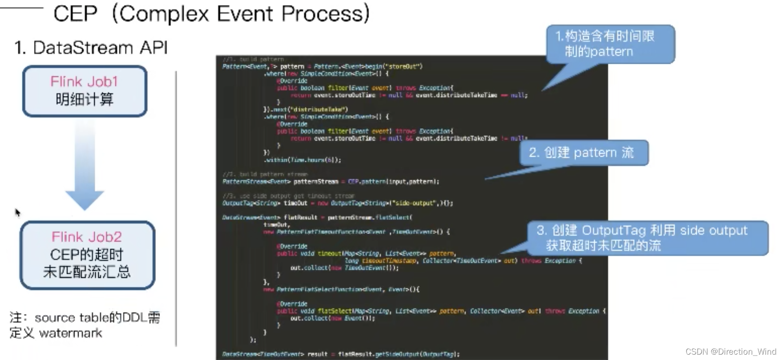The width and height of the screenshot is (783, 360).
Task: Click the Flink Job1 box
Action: pos(85,91)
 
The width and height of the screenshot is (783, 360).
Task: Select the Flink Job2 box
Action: pos(87,255)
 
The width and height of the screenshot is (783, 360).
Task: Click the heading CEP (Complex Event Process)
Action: pos(211,13)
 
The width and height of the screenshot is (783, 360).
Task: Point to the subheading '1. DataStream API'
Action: pos(91,48)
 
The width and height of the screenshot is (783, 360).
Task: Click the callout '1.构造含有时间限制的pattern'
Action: pos(610,44)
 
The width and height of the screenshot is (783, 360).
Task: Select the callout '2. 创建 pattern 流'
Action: pos(583,153)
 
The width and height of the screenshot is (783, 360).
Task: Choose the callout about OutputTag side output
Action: pos(647,238)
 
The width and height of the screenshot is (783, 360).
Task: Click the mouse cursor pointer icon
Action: pos(18,212)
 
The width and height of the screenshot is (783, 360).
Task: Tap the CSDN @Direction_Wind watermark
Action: pos(730,351)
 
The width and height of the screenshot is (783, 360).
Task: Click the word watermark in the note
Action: pos(70,333)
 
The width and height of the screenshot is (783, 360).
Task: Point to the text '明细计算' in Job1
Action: pos(84,99)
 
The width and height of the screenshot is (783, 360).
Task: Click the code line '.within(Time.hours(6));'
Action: pos(303,160)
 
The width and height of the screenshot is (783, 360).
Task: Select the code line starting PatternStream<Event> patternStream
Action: pos(330,181)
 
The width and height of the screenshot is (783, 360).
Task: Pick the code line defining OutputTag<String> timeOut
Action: pos(337,203)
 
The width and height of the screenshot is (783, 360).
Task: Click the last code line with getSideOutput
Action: pos(340,354)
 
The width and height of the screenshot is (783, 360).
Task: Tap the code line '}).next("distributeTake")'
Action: pos(306,109)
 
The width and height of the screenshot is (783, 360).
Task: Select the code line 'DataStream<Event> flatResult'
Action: pos(317,217)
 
